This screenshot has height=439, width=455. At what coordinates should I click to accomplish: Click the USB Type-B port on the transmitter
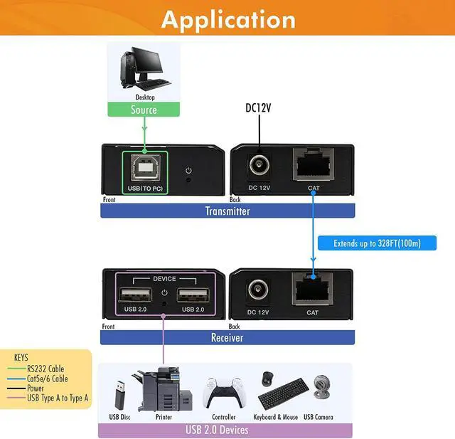tap(145, 168)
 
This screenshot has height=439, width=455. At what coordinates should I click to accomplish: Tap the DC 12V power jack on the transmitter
tap(259, 165)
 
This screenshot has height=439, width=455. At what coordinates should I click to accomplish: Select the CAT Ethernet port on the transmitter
tap(313, 164)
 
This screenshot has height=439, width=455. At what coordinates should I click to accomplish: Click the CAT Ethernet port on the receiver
tap(312, 289)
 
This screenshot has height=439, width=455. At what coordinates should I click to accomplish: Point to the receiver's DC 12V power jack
tap(258, 290)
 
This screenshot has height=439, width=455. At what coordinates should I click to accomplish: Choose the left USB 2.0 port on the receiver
tap(135, 295)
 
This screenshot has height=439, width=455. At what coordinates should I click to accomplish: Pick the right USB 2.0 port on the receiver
tap(193, 295)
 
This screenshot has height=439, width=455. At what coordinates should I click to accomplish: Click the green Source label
tap(144, 110)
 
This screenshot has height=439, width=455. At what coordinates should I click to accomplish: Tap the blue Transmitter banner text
tap(227, 211)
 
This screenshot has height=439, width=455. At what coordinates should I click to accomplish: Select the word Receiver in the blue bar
tap(227, 338)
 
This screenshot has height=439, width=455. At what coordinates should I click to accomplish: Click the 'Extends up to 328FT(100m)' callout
tap(377, 243)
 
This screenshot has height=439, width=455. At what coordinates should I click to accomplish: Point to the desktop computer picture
tap(145, 68)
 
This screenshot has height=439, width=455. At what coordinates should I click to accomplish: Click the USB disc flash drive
tap(120, 395)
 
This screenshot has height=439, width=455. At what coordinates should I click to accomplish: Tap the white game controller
tap(223, 393)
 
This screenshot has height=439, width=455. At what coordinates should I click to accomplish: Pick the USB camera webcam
tap(321, 387)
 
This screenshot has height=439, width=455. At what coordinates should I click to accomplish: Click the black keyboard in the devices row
tap(284, 393)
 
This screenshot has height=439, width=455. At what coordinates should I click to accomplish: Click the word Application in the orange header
tap(228, 20)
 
